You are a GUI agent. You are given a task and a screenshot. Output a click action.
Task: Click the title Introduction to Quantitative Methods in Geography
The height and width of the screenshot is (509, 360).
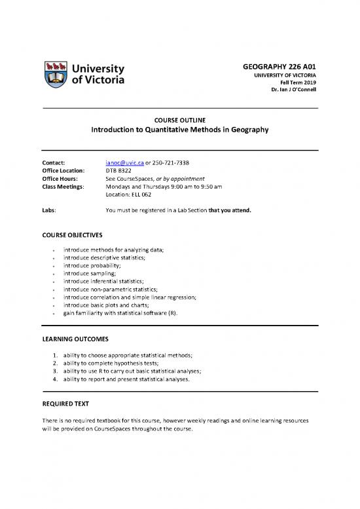pos(180,130)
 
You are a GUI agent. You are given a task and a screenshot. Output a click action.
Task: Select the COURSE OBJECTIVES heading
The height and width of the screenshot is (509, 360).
pos(72,234)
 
